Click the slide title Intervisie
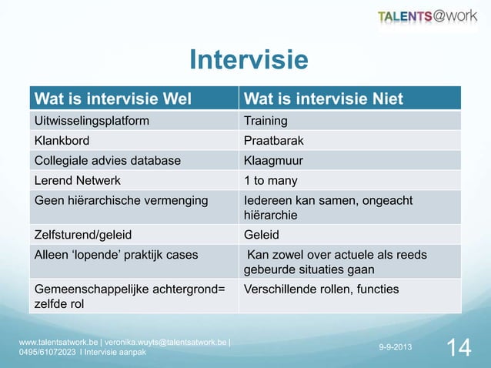[x=249, y=60]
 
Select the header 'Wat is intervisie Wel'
[x=111, y=98]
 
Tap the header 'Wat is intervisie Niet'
[x=323, y=98]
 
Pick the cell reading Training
[x=266, y=121]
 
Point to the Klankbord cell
[x=61, y=142]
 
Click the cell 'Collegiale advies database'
[x=107, y=161]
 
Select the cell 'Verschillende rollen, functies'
[x=321, y=289]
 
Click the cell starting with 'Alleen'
[x=115, y=255]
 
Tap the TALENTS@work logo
[x=427, y=17]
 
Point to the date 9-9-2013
[x=395, y=348]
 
